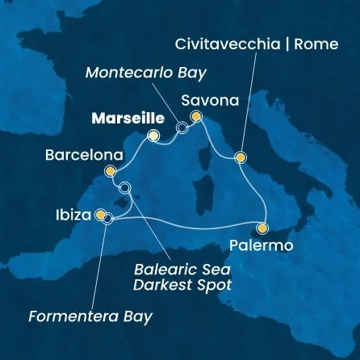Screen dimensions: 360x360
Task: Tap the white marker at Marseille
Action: (x=153, y=136)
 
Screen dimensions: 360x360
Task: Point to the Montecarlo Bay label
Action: (x=146, y=73)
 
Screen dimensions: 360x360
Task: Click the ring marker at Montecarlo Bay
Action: (x=182, y=127)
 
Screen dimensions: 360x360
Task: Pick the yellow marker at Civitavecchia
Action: (x=240, y=157)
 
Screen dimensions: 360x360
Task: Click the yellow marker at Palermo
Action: (x=263, y=228)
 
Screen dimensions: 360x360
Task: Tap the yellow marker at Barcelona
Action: (x=111, y=171)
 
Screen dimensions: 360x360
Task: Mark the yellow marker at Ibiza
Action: (x=100, y=216)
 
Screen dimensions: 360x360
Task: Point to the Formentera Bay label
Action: (x=90, y=316)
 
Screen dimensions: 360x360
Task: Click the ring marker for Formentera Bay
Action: (x=108, y=218)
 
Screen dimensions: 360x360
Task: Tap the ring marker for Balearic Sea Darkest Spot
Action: (x=124, y=188)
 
